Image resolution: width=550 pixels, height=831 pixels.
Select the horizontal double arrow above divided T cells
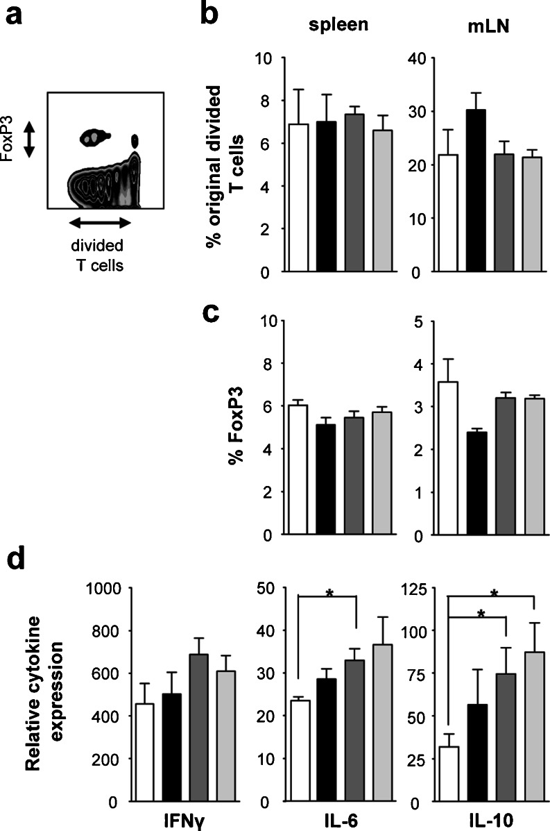pyautogui.click(x=101, y=222)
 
